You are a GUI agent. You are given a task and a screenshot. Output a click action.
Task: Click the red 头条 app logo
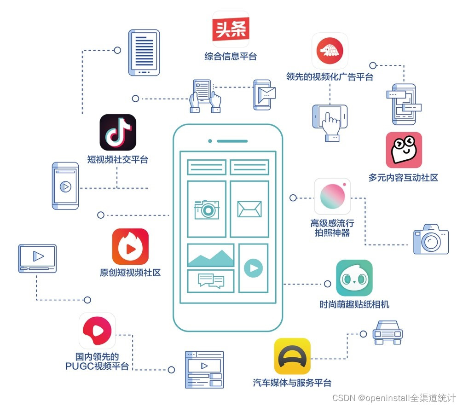click(231, 29)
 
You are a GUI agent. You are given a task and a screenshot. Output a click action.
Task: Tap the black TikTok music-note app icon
click(118, 133)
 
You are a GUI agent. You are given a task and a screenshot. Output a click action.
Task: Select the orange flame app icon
click(130, 247)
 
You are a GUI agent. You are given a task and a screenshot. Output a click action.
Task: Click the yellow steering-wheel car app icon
click(292, 356)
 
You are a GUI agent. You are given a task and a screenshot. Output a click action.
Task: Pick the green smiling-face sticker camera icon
click(354, 278)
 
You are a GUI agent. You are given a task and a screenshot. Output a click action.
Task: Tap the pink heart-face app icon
click(404, 150)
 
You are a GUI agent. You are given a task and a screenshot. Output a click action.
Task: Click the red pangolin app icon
click(330, 51)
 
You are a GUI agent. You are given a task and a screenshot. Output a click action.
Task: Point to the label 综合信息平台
click(231, 57)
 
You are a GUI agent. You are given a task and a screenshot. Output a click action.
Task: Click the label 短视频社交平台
click(118, 160)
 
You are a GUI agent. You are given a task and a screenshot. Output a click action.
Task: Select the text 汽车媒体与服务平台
click(292, 383)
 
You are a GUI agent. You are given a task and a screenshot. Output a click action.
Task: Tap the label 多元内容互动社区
click(403, 177)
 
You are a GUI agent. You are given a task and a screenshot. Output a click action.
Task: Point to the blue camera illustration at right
click(431, 239)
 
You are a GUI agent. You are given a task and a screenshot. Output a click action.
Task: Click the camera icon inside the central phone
click(207, 209)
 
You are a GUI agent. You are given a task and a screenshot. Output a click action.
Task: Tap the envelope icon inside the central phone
click(249, 209)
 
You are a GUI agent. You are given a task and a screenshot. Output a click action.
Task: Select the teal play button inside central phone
click(253, 267)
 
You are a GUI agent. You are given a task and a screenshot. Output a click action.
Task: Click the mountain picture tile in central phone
click(211, 256)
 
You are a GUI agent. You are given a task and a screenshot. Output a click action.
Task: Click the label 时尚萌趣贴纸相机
click(354, 304)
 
